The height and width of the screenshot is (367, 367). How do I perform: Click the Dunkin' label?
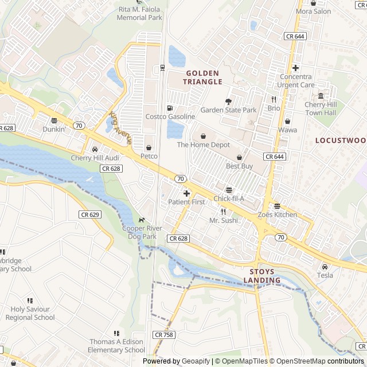(53, 130)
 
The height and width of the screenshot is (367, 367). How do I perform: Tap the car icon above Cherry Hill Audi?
(95, 149)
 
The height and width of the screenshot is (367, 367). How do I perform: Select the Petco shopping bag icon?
(149, 147)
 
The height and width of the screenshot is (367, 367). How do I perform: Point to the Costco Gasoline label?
(170, 117)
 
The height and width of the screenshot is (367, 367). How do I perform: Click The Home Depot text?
(203, 145)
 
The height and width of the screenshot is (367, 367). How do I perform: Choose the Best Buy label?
(239, 166)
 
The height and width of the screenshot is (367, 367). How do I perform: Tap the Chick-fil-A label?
(229, 199)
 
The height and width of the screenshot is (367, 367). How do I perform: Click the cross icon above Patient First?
(186, 194)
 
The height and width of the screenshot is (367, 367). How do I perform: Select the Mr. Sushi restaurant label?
(223, 220)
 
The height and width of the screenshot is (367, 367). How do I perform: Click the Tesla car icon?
(325, 267)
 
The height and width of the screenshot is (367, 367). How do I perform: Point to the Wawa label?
(287, 130)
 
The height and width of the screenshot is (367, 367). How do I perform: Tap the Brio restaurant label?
(274, 108)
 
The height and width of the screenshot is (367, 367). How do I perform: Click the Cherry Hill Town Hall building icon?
(321, 96)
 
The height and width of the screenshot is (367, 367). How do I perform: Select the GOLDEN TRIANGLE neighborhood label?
(202, 77)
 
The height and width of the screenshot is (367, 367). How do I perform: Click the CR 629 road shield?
(90, 214)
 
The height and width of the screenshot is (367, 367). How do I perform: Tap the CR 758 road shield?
(163, 334)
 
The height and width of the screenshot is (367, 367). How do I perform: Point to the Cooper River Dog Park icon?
(140, 220)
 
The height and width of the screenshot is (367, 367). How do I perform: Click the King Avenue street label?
(121, 127)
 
